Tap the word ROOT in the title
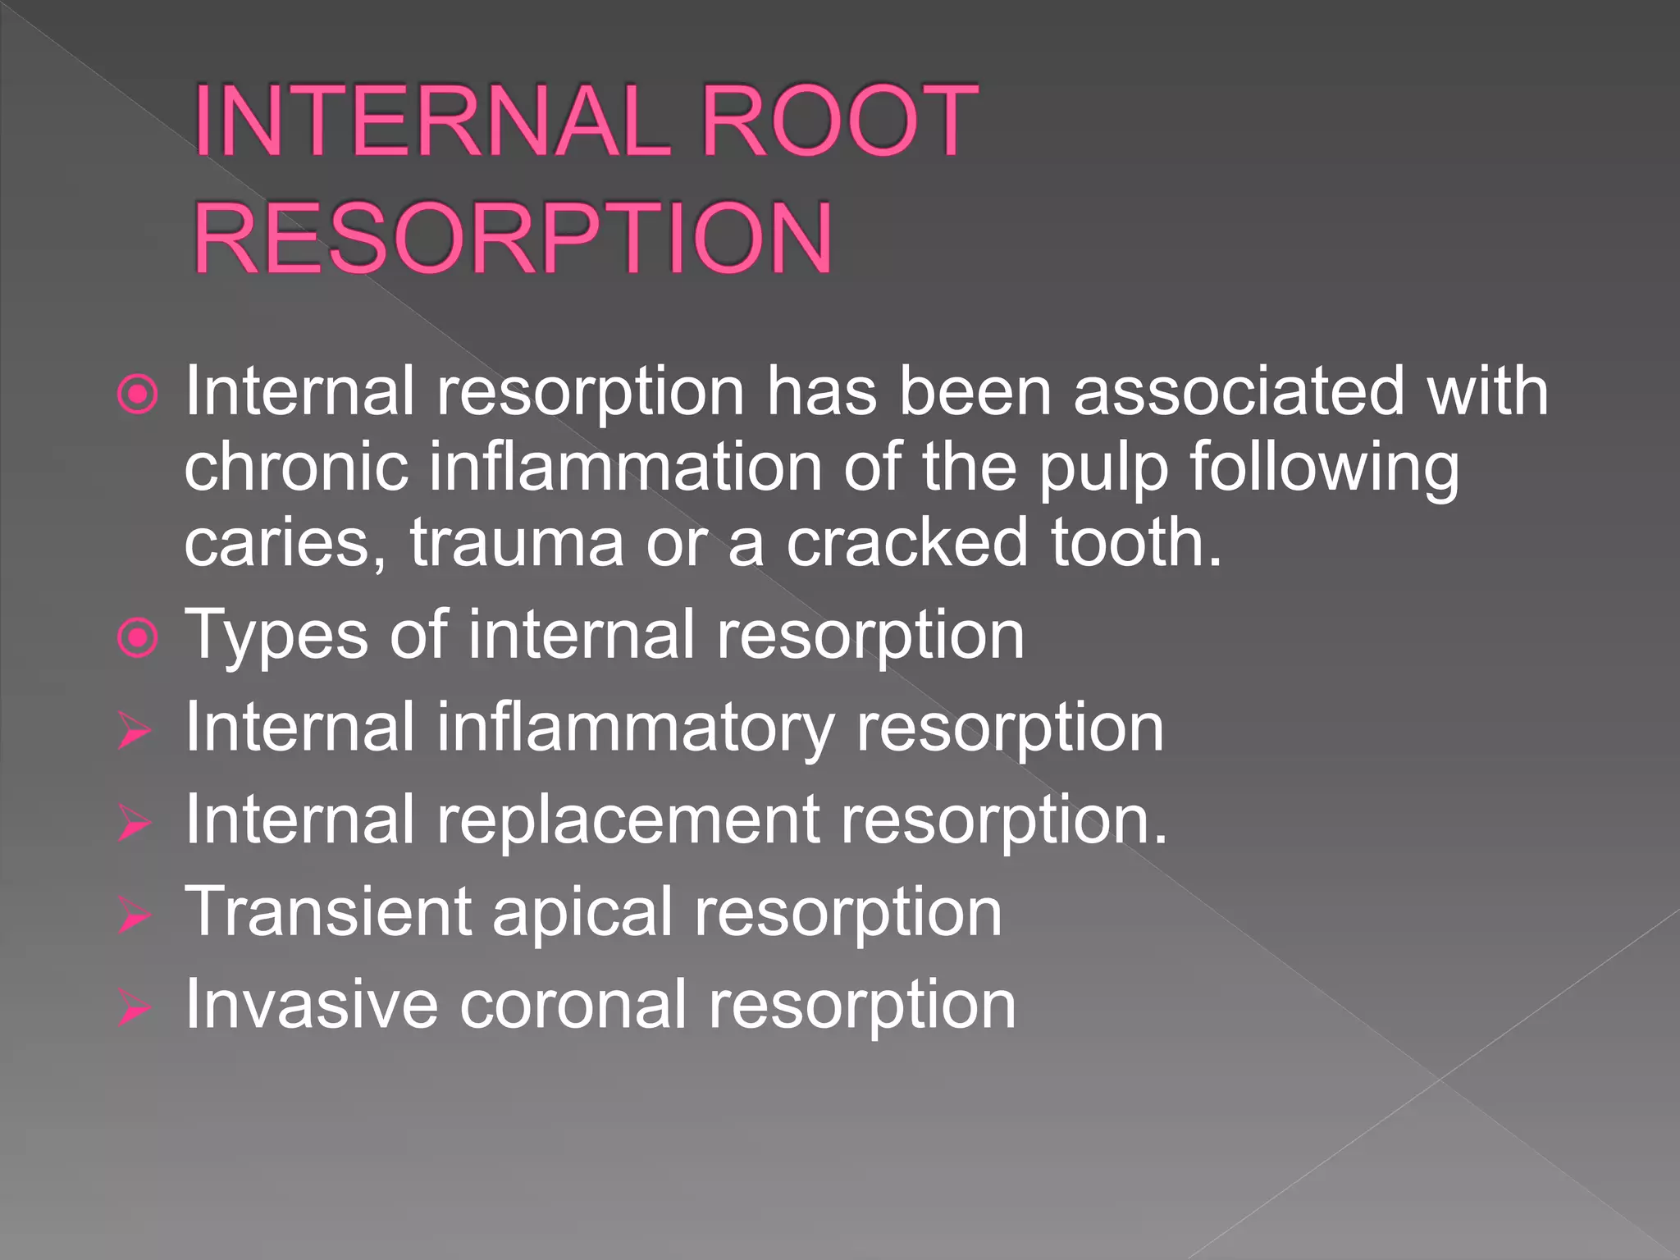pos(840,121)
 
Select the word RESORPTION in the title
pos(514,239)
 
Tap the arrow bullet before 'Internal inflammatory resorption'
pos(134,730)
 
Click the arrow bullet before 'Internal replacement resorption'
pos(134,822)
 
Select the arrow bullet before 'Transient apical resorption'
pos(134,915)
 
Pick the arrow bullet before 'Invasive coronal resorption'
pos(134,1007)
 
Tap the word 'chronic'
pos(296,467)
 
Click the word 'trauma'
pos(517,543)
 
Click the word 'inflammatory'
pos(635,728)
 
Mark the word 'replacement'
pos(628,820)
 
